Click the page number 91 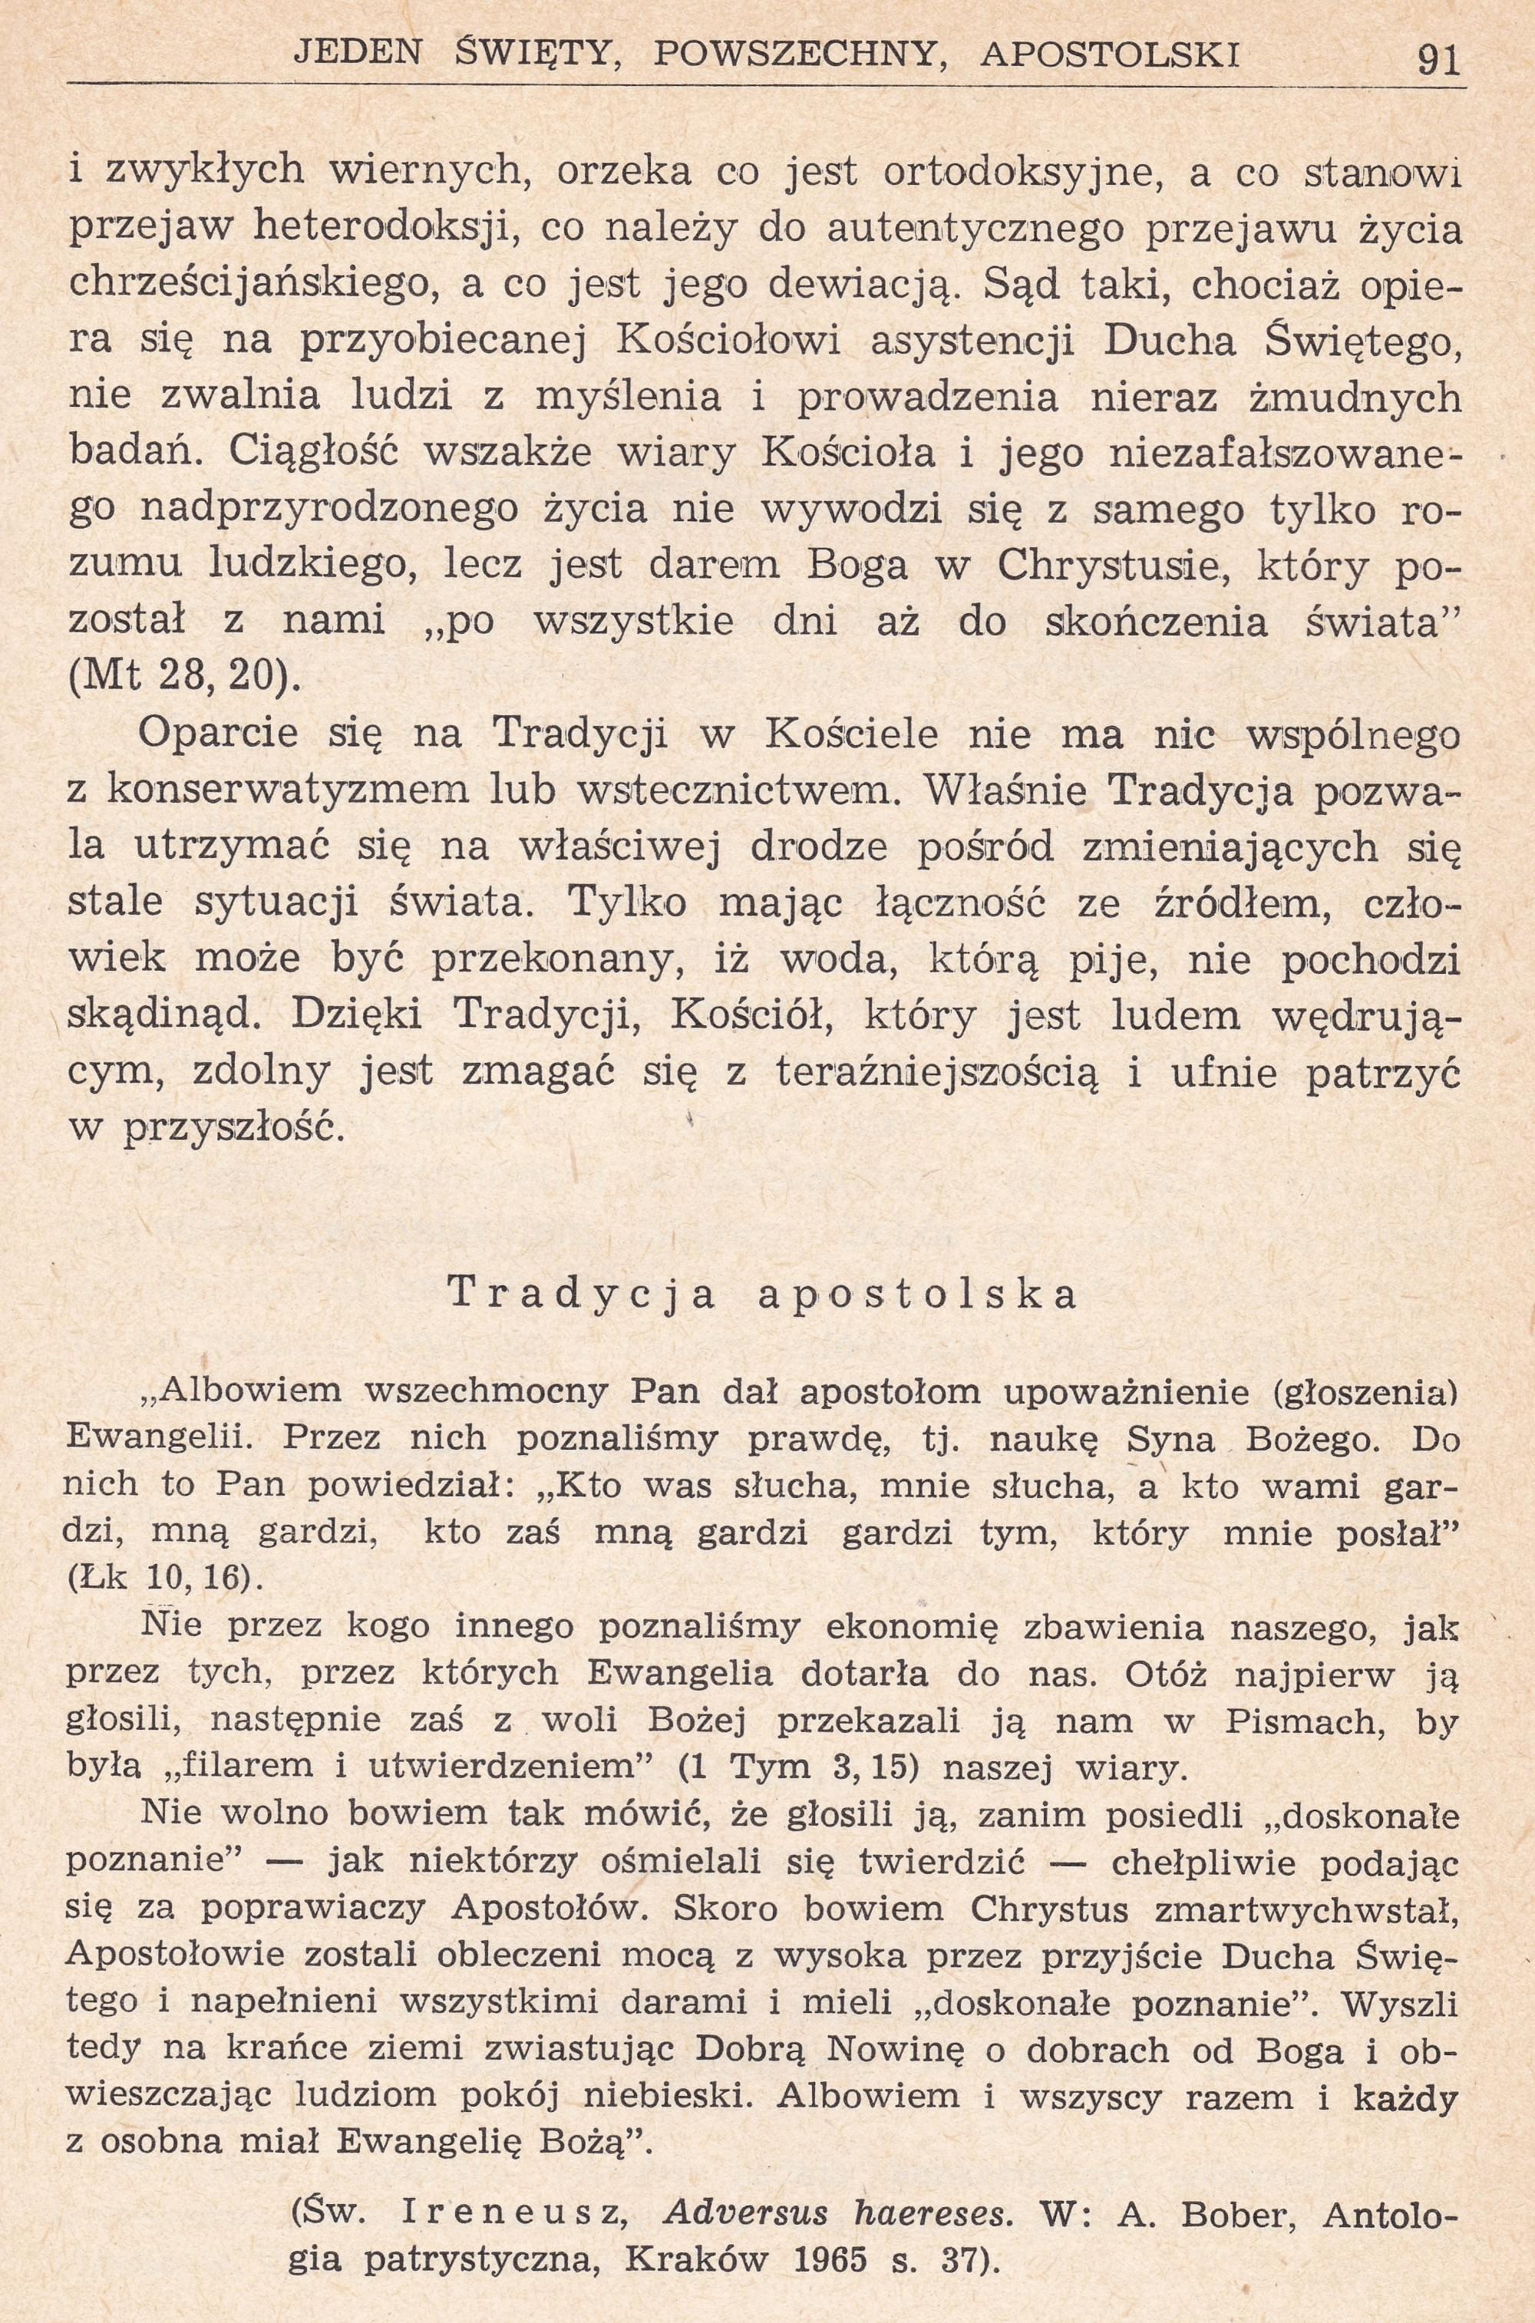[1437, 61]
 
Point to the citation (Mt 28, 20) [185, 678]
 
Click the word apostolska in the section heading [918, 1294]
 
